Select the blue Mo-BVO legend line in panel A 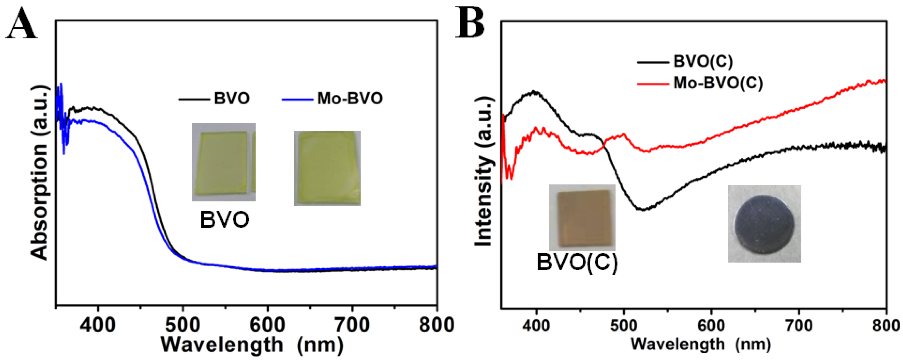pos(297,100)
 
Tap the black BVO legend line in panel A pos(194,100)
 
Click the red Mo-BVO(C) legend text pos(718,83)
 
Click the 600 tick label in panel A pos(267,325)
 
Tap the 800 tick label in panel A pos(436,325)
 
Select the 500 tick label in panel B pos(624,326)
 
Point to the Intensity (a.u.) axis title pos(483,172)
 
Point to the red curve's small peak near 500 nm pos(624,134)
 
